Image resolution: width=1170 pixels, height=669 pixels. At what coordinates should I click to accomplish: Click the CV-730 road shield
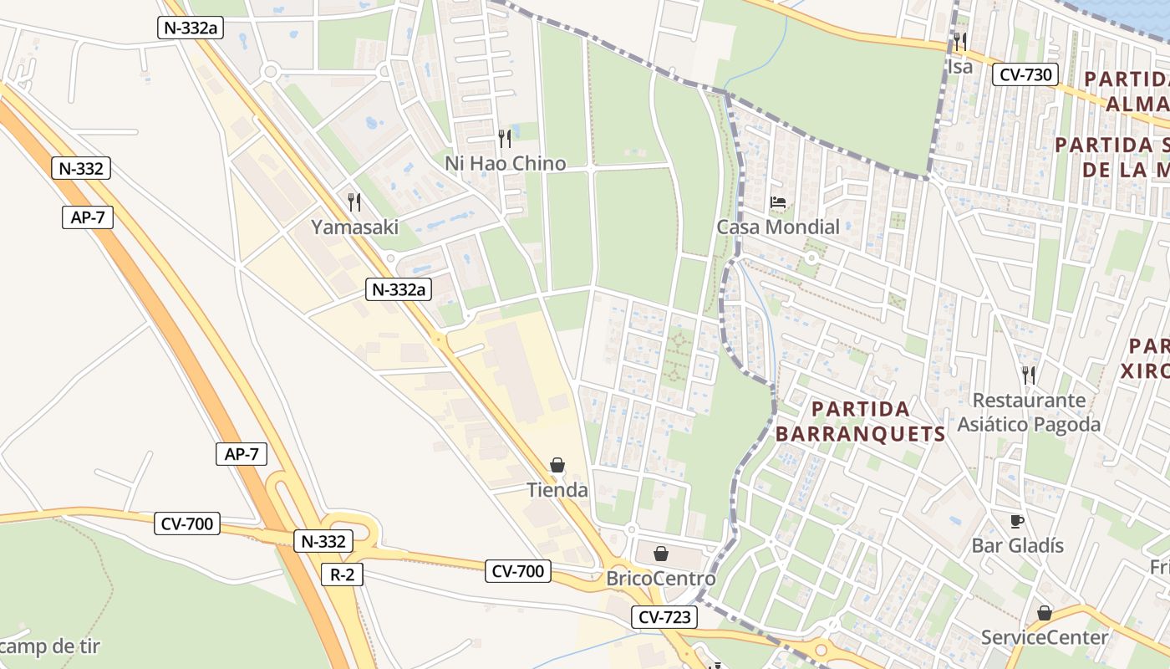pos(1025,74)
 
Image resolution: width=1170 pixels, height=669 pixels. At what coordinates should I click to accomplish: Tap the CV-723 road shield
pos(664,617)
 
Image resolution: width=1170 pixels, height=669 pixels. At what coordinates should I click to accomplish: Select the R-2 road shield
pos(342,574)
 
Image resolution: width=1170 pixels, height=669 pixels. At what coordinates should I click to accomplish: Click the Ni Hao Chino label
pos(505,163)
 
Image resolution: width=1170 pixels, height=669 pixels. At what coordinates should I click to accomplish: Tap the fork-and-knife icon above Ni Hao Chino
pos(504,137)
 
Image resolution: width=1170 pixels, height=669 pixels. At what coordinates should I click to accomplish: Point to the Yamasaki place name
pos(354,227)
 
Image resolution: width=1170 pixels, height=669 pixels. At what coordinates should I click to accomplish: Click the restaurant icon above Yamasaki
pos(354,202)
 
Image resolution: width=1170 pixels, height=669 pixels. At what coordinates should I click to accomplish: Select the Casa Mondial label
pos(778,227)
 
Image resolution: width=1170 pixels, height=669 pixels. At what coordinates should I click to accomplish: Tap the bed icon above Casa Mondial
pos(778,202)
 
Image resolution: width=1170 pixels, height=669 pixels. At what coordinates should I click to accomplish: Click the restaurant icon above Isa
pos(959,41)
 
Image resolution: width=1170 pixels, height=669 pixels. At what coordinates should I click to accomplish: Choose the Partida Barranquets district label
pos(860,421)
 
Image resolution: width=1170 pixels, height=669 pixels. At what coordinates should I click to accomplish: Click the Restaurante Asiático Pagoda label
pos(1029,412)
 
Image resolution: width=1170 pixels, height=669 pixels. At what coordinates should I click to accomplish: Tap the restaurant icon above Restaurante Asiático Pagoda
pos(1029,375)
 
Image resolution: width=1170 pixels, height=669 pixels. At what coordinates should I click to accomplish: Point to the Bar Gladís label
pos(1017,545)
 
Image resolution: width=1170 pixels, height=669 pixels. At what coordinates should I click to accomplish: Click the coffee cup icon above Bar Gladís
pos(1017,521)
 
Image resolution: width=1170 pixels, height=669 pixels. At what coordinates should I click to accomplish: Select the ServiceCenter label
pos(1044,637)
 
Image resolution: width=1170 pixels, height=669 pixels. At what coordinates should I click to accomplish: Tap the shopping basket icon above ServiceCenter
pos(1044,613)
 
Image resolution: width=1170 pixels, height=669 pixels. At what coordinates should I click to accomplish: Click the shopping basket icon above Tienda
pos(557,465)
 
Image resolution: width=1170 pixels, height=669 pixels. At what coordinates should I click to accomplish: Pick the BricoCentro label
pos(660,579)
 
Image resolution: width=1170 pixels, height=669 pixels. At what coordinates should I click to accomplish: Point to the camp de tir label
pos(50,646)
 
